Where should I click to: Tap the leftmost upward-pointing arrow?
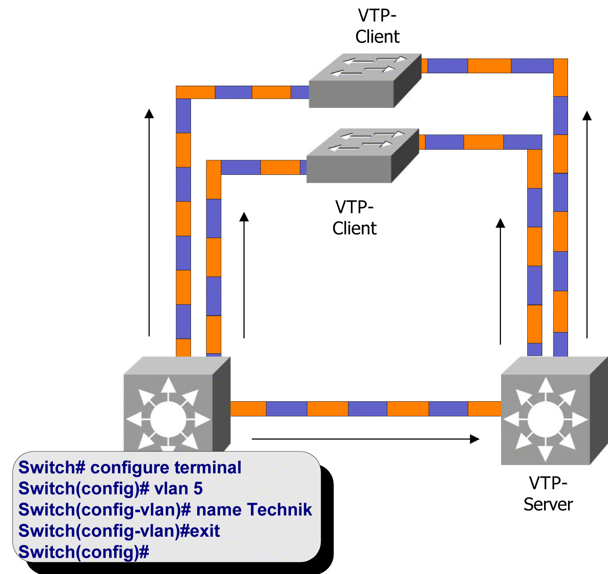click(149, 222)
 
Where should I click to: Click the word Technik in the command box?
click(279, 510)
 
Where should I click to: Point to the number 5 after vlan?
click(198, 489)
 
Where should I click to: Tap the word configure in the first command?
click(130, 467)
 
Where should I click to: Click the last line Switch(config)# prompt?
click(83, 552)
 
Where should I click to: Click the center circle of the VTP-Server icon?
click(545, 419)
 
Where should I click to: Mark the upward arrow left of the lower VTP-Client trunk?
click(244, 275)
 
